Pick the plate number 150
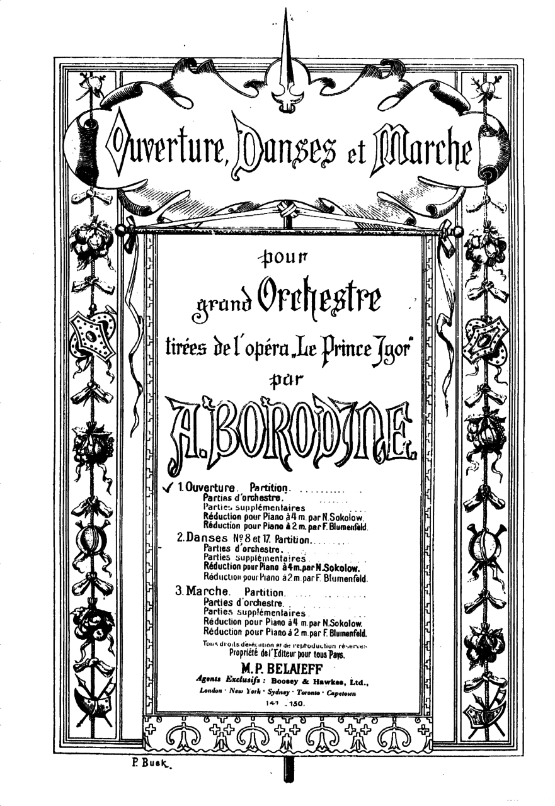296,703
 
